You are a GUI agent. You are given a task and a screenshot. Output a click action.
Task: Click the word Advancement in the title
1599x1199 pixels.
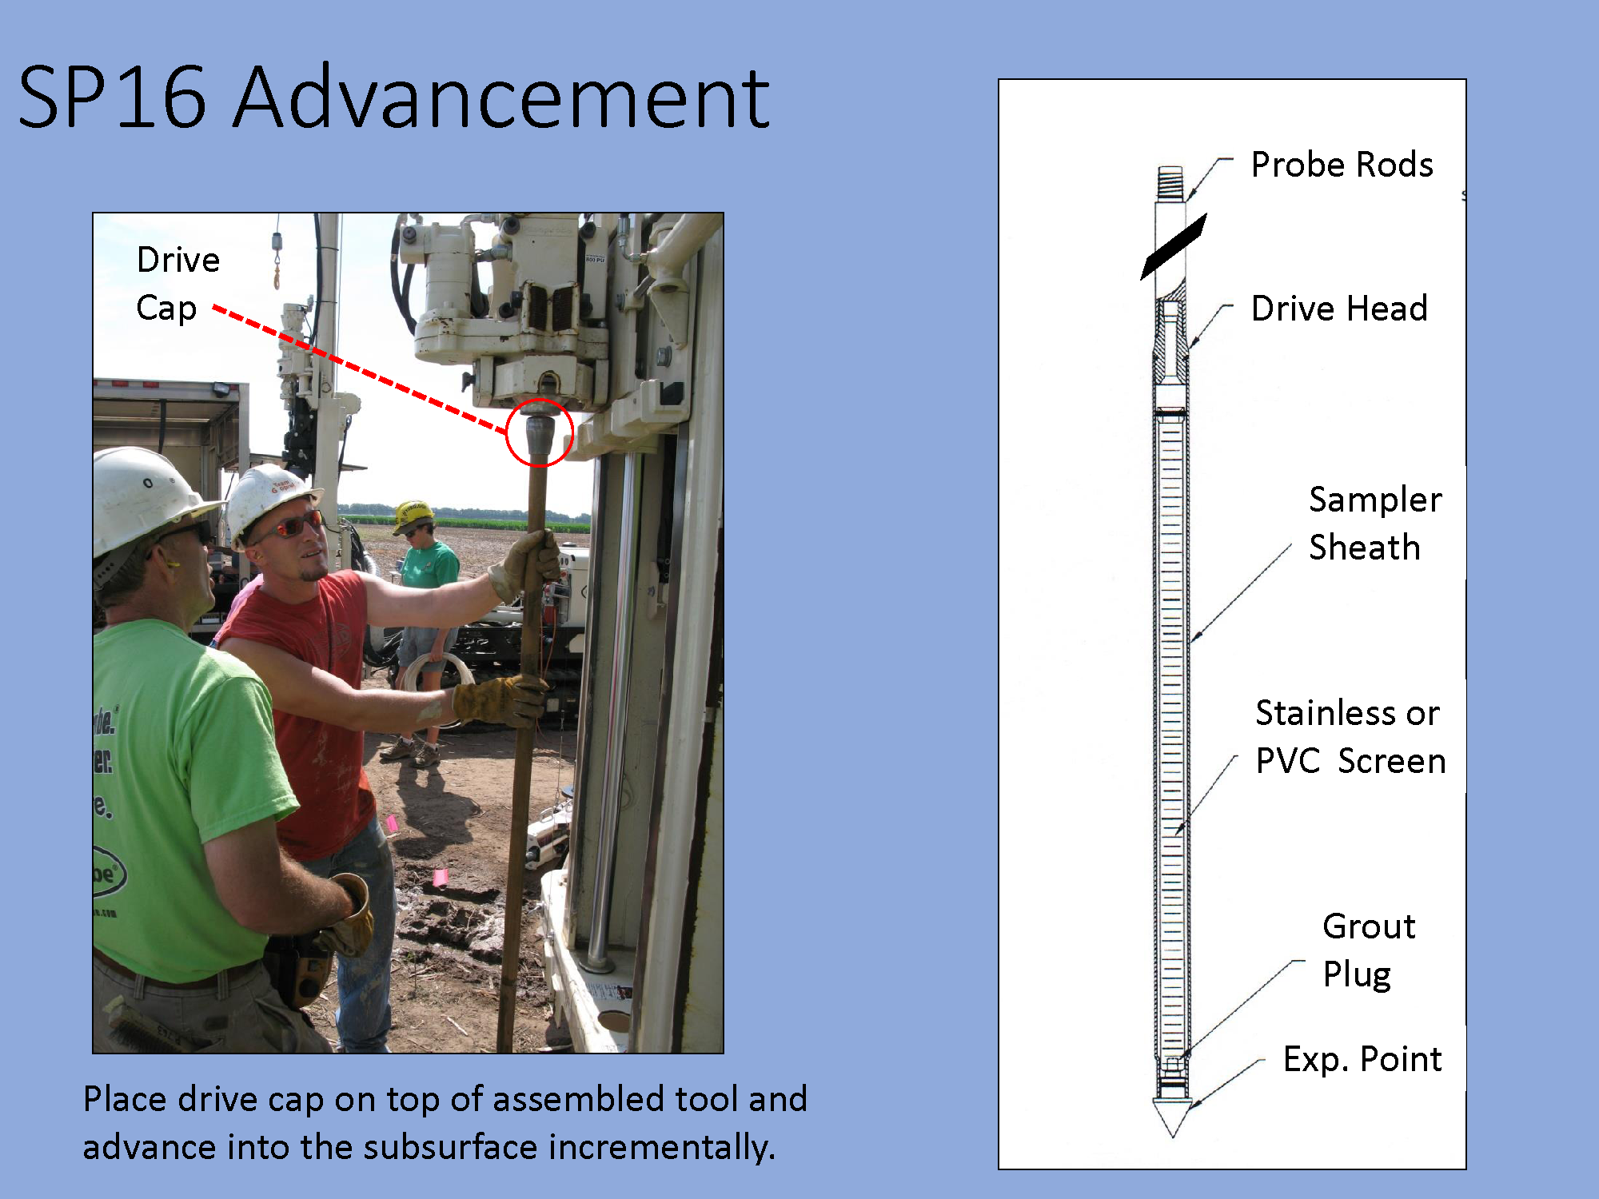(x=502, y=98)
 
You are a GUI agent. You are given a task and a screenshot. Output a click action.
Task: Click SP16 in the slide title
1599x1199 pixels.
(x=112, y=98)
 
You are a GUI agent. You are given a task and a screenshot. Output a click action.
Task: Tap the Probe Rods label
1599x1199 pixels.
(x=1342, y=165)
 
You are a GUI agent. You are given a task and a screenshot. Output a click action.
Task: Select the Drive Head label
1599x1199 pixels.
(x=1339, y=309)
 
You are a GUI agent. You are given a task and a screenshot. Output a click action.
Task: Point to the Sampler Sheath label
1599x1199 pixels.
(x=1375, y=524)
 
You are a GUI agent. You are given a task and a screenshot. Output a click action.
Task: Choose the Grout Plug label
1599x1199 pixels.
(x=1369, y=950)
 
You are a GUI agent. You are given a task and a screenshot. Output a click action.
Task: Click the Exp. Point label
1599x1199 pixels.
(x=1362, y=1060)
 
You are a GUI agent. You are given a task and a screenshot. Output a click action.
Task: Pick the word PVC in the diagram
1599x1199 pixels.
(x=1287, y=761)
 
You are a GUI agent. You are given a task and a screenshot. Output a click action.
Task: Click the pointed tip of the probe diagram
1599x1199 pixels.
(x=1172, y=1135)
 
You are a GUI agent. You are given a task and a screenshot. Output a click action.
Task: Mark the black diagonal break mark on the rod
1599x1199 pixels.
(x=1173, y=246)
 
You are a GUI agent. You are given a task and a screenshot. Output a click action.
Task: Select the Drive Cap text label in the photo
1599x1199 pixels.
(x=177, y=285)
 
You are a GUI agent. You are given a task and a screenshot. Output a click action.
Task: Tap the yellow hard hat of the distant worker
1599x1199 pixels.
(x=413, y=515)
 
